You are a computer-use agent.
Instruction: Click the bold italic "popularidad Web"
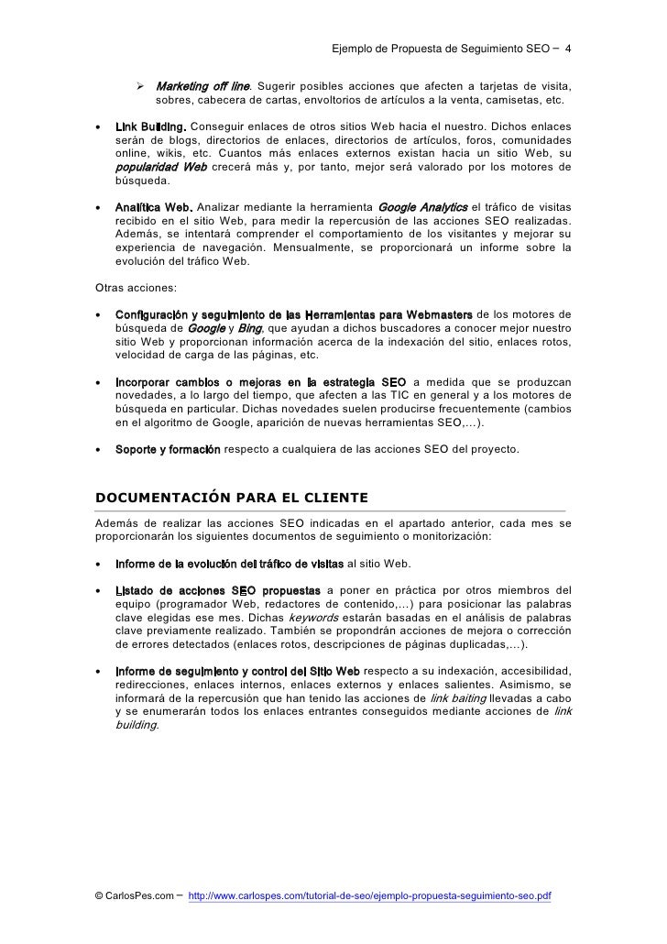point(161,169)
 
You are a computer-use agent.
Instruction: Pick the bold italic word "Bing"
point(249,328)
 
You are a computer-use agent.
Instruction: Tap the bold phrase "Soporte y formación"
point(168,450)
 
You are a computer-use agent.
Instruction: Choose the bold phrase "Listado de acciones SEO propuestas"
point(217,589)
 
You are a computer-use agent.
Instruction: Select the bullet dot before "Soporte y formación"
point(98,450)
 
